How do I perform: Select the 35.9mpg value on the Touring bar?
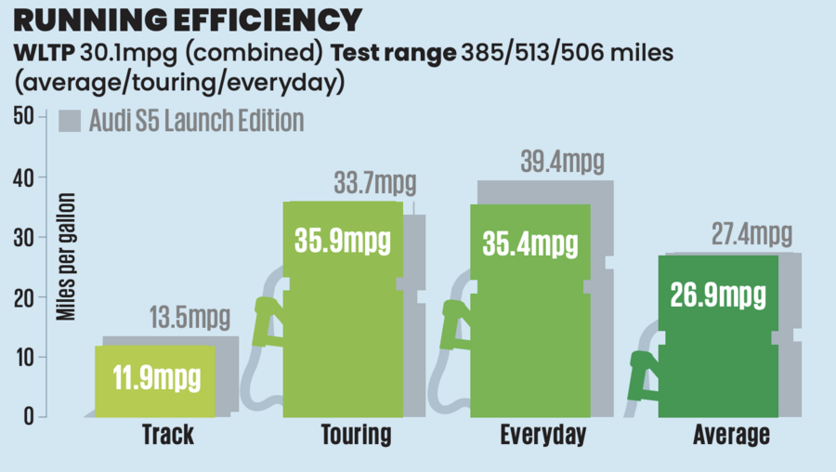343,241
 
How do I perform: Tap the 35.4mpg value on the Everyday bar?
529,245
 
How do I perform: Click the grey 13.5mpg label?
189,319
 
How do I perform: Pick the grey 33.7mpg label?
375,183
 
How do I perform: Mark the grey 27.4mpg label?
751,234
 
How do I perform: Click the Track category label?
167,435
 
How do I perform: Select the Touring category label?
356,435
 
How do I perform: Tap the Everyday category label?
543,435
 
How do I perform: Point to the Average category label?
731,435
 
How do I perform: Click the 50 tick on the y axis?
23,117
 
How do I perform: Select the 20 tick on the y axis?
23,297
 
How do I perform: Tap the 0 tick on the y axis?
28,417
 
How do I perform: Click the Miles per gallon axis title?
67,256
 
